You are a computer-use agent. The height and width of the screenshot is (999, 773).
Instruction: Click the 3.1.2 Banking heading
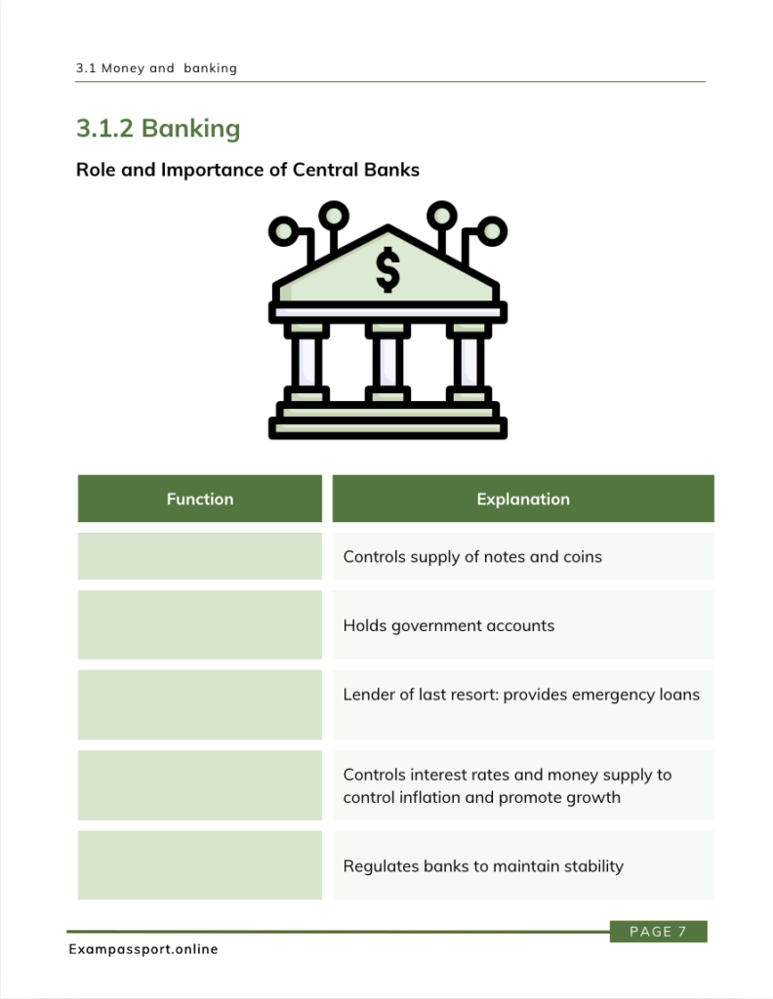tap(158, 128)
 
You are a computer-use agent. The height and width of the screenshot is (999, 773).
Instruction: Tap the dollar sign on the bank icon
tap(387, 269)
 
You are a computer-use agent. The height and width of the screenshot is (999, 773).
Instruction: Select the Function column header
tap(200, 499)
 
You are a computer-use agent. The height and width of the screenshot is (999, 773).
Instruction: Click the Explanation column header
tap(523, 499)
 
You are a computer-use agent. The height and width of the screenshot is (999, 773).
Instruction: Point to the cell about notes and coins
tap(523, 556)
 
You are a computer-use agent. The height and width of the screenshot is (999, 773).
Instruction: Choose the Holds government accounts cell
tap(523, 625)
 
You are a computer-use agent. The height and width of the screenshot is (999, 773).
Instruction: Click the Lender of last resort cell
tap(523, 704)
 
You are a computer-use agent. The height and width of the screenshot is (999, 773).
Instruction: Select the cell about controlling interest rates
tap(523, 785)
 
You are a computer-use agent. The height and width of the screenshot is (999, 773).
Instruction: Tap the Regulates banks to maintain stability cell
tap(523, 865)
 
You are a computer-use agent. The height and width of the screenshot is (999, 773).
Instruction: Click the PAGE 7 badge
tap(658, 932)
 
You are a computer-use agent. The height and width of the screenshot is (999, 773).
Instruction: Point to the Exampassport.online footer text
tap(143, 949)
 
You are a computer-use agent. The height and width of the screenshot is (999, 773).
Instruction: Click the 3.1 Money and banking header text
tap(156, 68)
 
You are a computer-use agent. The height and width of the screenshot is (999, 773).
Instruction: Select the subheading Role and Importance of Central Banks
tap(248, 170)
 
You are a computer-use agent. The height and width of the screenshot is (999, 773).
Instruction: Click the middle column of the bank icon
tap(387, 362)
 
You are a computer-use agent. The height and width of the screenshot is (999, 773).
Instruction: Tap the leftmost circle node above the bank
tap(284, 230)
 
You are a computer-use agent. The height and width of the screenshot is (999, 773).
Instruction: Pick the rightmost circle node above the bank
tap(492, 230)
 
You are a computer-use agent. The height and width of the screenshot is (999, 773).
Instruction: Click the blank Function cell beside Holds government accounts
tap(200, 625)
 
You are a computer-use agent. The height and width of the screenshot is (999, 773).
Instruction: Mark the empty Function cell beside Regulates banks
tap(200, 865)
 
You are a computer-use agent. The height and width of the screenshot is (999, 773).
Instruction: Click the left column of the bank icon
tap(306, 362)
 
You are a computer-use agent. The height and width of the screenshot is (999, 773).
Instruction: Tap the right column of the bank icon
tap(468, 362)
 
